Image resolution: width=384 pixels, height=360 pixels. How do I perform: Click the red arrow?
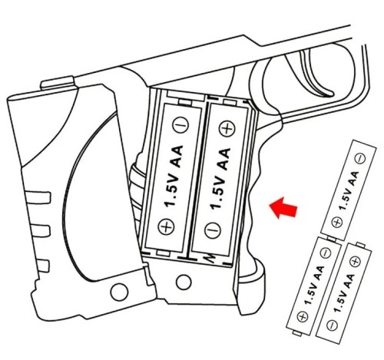283,208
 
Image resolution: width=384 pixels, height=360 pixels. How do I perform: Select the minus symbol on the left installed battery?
180,125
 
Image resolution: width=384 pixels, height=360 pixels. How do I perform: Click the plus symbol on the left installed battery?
166,226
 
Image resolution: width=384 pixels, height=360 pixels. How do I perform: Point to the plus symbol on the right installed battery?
227,129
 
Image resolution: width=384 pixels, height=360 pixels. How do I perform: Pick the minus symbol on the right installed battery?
213,230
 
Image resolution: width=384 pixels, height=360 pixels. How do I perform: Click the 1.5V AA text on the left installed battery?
174,176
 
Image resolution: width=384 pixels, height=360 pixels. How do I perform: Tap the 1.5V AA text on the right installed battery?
220,179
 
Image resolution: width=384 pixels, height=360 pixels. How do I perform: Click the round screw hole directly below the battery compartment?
184,282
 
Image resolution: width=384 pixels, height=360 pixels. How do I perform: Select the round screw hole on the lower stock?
119,292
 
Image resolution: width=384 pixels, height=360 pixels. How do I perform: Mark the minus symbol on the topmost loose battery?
360,158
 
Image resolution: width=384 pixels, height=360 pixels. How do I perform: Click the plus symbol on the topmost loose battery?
336,222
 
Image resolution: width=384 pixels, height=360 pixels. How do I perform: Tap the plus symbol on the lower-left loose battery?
303,317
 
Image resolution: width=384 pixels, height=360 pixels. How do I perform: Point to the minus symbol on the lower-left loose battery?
326,253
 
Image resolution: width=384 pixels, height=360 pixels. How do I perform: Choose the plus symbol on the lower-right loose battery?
356,262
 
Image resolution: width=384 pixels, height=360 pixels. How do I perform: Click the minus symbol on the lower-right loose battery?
333,325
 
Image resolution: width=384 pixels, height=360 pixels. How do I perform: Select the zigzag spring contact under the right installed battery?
211,259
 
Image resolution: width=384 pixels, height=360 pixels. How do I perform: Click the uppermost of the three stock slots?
38,197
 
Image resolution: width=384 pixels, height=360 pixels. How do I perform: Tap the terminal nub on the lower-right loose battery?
360,245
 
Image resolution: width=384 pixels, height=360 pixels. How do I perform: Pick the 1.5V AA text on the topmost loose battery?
349,191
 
